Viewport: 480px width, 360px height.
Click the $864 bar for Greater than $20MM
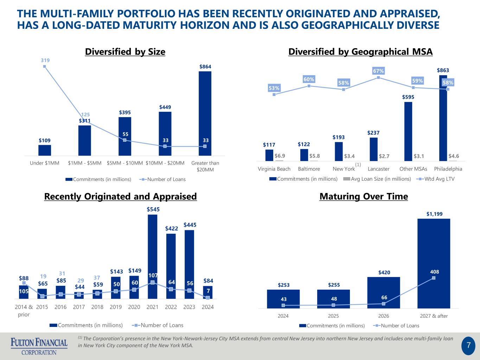[x=205, y=114]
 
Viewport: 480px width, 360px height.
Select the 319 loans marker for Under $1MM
[x=45, y=66]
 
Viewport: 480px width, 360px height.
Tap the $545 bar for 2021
[x=152, y=257]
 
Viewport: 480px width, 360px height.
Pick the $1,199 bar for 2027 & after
[x=434, y=263]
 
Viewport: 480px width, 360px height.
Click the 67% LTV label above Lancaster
[x=378, y=71]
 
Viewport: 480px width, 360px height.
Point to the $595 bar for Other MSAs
[x=408, y=131]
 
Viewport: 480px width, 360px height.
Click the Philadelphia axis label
[x=448, y=169]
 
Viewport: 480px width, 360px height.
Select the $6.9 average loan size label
[x=280, y=156]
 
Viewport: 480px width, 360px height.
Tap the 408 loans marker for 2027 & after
[x=434, y=278]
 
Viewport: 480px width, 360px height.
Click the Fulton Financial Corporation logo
[x=39, y=346]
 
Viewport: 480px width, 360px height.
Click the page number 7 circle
[x=468, y=346]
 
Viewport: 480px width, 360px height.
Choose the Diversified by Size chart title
[x=125, y=52]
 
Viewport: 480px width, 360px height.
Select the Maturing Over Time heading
[x=364, y=196]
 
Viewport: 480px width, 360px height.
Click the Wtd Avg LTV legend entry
[x=435, y=179]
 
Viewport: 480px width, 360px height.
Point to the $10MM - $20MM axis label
[x=165, y=163]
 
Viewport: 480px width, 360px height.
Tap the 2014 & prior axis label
[x=24, y=310]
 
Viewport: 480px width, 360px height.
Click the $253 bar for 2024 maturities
[x=283, y=299]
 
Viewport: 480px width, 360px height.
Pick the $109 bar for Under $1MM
[x=45, y=150]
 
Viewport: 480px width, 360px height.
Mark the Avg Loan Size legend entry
[x=377, y=179]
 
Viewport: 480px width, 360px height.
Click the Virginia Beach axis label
[x=274, y=169]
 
